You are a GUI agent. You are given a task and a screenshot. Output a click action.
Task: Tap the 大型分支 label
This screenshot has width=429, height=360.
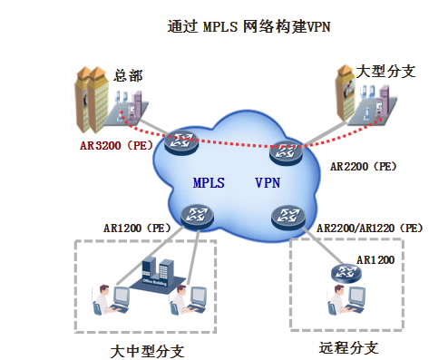coord(385,71)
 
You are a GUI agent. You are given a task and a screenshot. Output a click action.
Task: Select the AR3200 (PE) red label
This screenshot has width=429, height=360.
coord(115,143)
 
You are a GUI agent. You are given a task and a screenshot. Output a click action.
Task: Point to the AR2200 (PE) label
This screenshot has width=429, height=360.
coord(363,167)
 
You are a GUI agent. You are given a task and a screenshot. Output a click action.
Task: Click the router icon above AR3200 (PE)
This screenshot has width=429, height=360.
coord(185,139)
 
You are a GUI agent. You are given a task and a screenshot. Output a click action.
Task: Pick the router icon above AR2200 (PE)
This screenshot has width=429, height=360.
coord(288,151)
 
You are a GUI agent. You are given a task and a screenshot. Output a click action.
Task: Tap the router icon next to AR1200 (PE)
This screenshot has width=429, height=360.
coord(196,214)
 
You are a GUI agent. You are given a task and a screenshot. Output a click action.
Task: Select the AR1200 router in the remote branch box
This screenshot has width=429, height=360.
coord(346,271)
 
